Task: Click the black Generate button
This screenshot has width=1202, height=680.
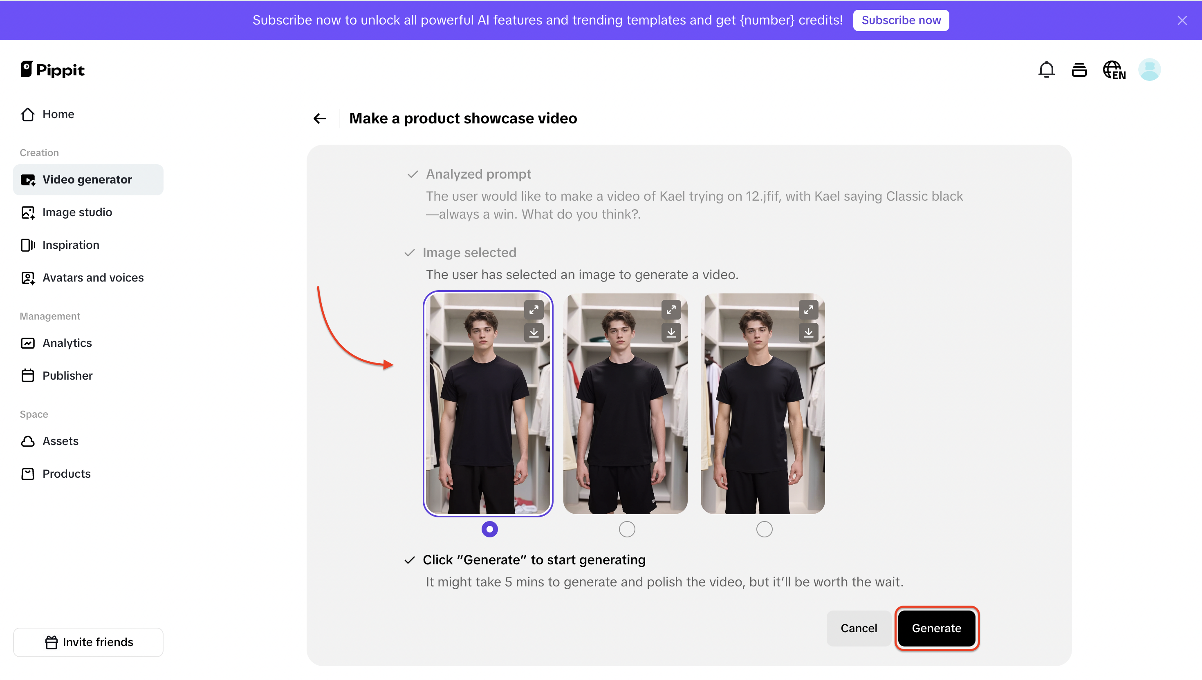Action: click(936, 628)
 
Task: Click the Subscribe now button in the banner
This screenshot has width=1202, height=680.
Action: click(901, 20)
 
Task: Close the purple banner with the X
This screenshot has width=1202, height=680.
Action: click(1182, 20)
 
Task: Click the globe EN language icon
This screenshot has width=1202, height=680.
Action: click(1114, 70)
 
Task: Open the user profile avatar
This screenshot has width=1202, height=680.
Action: click(1149, 70)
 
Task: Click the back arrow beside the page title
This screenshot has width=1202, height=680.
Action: click(320, 119)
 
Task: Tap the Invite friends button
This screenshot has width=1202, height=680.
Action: click(88, 642)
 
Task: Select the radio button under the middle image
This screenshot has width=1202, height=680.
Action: click(627, 529)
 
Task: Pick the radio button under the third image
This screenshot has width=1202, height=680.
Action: click(764, 529)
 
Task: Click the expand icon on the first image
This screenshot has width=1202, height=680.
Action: click(534, 310)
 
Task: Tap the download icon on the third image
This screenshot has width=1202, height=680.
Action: click(808, 333)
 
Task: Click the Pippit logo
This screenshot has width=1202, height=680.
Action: click(52, 69)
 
